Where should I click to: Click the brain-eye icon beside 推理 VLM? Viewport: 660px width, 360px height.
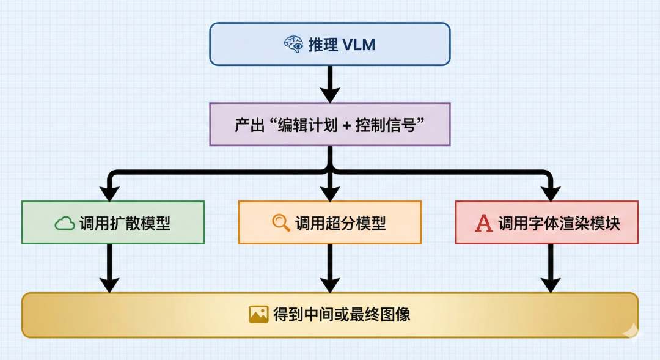coord(293,44)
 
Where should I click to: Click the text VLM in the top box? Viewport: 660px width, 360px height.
coord(359,44)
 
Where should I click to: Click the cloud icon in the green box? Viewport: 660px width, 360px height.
coord(64,224)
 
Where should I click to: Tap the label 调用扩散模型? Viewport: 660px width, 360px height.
coord(125,224)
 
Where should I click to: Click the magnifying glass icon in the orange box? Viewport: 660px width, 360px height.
coord(281,223)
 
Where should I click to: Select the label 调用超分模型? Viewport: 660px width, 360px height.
coord(340,223)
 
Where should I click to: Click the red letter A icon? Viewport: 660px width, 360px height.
coord(484,224)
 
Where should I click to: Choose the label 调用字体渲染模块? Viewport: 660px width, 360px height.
coord(559,224)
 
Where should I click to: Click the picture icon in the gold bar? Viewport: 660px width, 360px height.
coord(258,314)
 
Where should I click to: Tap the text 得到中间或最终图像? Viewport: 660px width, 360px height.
coord(342,315)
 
